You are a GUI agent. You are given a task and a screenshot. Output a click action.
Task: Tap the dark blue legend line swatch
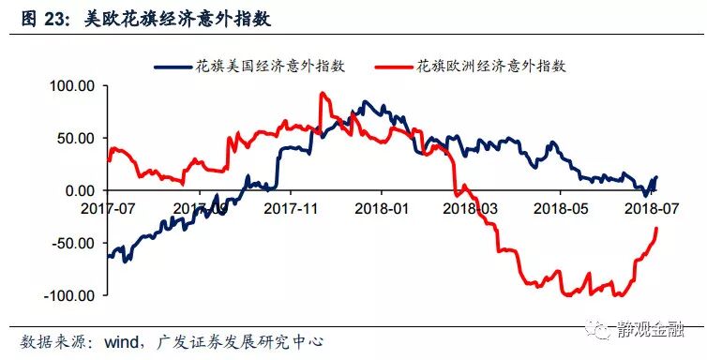173,67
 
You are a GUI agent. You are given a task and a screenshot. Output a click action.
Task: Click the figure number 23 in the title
41,16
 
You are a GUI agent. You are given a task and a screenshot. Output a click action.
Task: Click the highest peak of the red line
322,93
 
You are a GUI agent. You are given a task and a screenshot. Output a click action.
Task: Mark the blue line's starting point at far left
110,256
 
